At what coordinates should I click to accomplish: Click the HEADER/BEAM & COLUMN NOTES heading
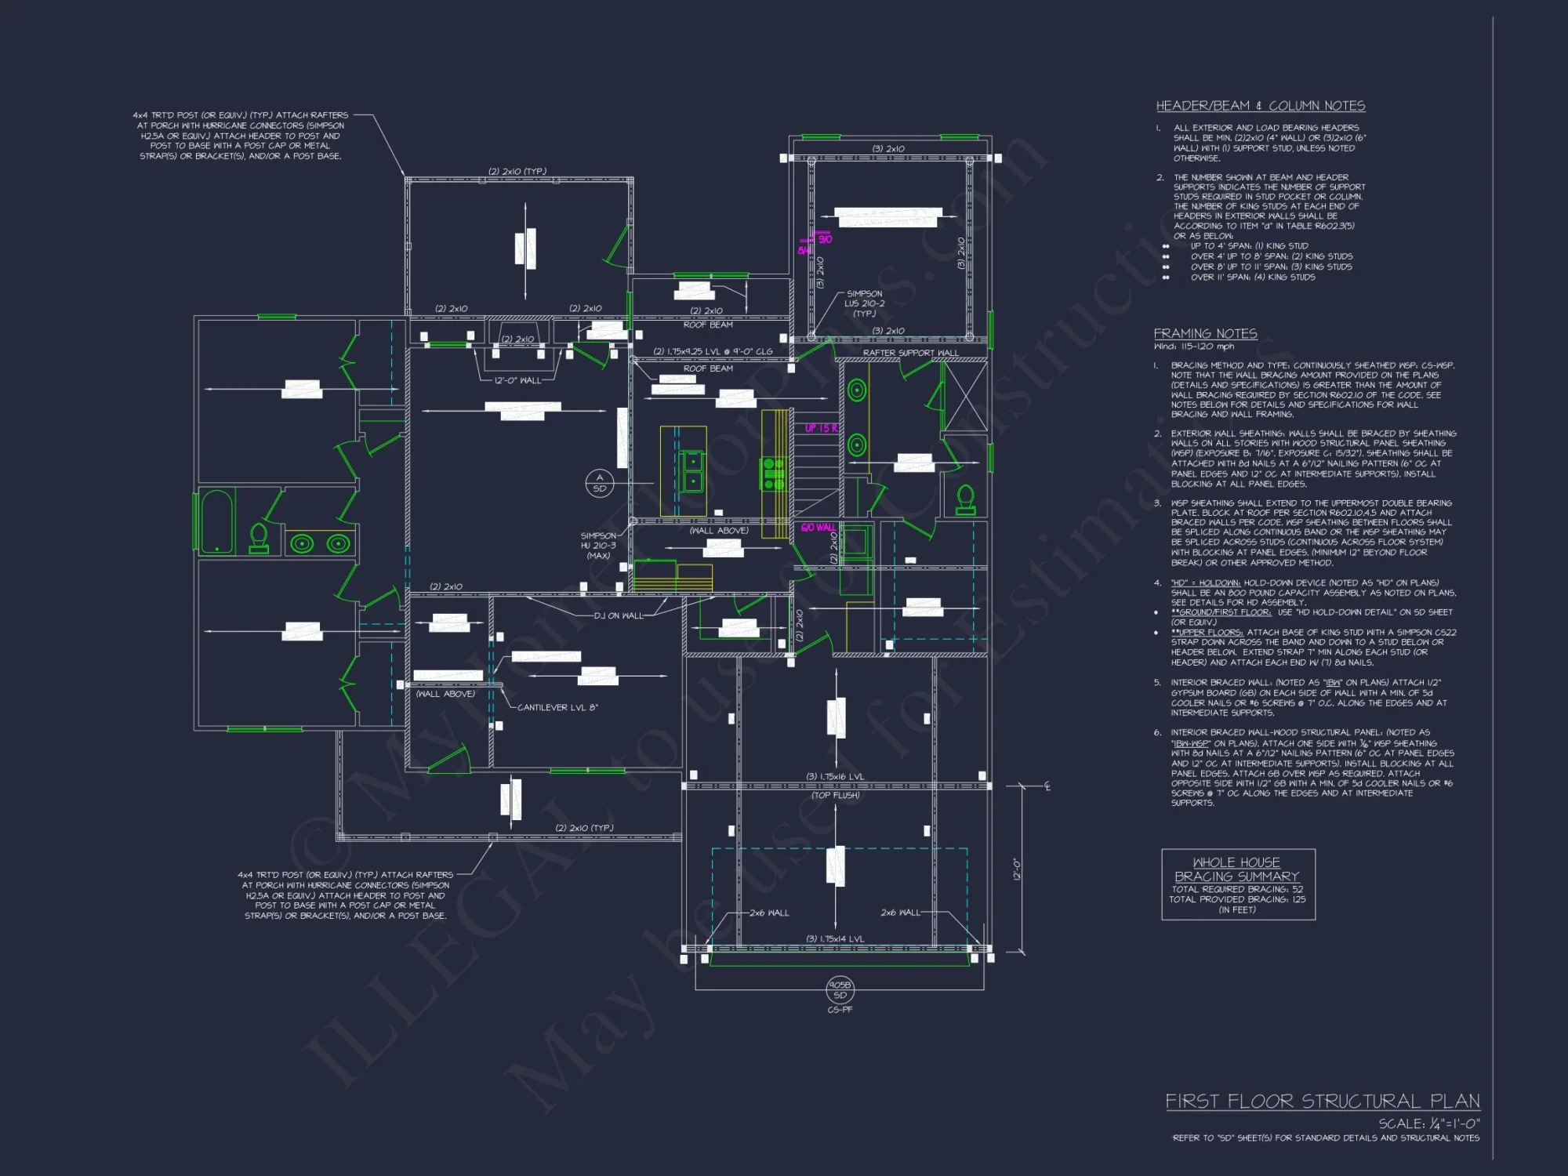pyautogui.click(x=1260, y=106)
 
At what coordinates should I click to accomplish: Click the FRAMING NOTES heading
pyautogui.click(x=1205, y=333)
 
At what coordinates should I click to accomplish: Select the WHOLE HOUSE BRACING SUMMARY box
pyautogui.click(x=1237, y=884)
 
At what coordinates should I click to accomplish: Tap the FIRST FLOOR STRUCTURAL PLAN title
pyautogui.click(x=1322, y=1101)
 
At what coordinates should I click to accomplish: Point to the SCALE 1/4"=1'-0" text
pyautogui.click(x=1428, y=1124)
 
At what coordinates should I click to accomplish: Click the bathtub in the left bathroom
pyautogui.click(x=216, y=521)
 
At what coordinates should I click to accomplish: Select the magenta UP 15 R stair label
pyautogui.click(x=821, y=428)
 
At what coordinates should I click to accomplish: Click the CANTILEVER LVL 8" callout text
pyautogui.click(x=557, y=707)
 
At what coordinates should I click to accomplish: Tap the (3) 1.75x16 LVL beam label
pyautogui.click(x=835, y=777)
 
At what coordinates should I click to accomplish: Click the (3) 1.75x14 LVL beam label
pyautogui.click(x=835, y=938)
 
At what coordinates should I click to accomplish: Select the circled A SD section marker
pyautogui.click(x=600, y=483)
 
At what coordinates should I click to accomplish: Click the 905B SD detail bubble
pyautogui.click(x=840, y=989)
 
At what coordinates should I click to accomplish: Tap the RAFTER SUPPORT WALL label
pyautogui.click(x=910, y=353)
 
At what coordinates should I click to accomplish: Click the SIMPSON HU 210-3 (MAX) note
pyautogui.click(x=598, y=546)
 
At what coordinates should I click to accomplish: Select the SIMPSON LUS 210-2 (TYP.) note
pyautogui.click(x=864, y=303)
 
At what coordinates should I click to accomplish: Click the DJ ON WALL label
pyautogui.click(x=619, y=615)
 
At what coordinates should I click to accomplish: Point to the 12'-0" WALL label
pyautogui.click(x=517, y=380)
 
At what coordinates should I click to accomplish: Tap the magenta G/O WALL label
pyautogui.click(x=818, y=528)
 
